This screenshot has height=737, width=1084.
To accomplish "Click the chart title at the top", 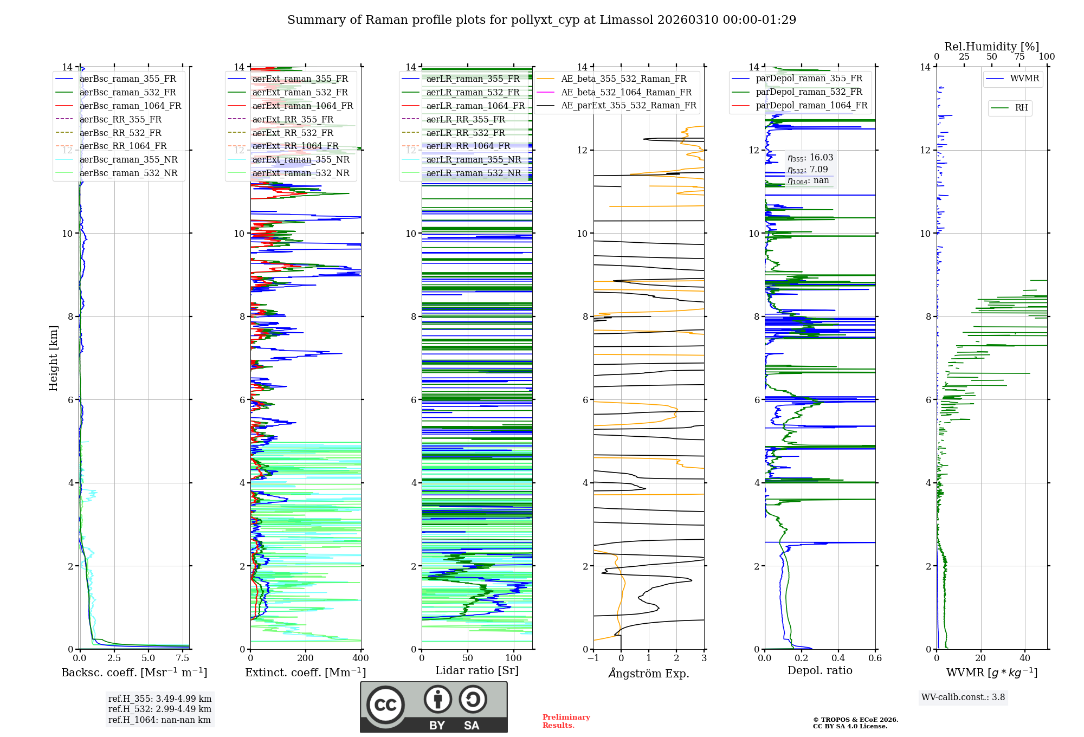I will pos(541,20).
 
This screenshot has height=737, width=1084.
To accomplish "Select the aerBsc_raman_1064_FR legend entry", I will pos(130,106).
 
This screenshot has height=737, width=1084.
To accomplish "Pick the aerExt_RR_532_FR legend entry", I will pos(293,133).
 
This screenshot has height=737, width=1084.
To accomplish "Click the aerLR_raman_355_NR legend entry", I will pos(473,159).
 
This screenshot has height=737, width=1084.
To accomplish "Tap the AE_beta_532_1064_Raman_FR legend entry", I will pos(626,92).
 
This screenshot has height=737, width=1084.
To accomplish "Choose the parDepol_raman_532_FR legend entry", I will pos(809,92).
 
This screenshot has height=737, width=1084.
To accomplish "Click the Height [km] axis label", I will pos(53,358).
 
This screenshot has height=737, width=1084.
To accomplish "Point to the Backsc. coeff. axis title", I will pos(134,673).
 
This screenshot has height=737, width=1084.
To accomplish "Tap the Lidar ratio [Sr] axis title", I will pos(477,670).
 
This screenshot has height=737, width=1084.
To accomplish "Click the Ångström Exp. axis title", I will pos(649,674).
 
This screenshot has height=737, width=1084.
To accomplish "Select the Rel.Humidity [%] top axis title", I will pos(991,47).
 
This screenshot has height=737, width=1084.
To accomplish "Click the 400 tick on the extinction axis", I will pos(360,658).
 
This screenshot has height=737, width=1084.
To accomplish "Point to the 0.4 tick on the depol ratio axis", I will pos(838,658).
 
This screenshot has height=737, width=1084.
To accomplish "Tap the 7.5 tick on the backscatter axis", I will pos(183,658).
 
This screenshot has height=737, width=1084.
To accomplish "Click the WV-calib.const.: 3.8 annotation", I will pos(963,697).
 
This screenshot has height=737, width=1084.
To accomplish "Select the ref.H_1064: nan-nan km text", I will pos(159,720).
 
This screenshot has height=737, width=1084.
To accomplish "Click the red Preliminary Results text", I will pos(566,721).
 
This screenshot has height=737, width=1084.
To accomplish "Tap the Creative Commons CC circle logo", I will pos(385,705).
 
